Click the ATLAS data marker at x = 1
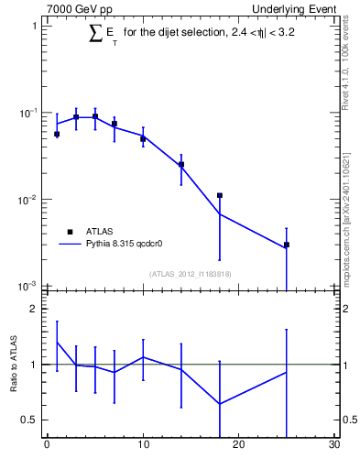point(57,134)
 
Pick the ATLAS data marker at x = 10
point(143,139)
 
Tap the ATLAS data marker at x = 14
point(181,165)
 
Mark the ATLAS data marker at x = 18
point(220,195)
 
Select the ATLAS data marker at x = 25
point(287,245)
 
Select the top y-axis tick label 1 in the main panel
point(34,26)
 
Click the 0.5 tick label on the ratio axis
point(29,420)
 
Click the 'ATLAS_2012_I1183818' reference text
point(190,275)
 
